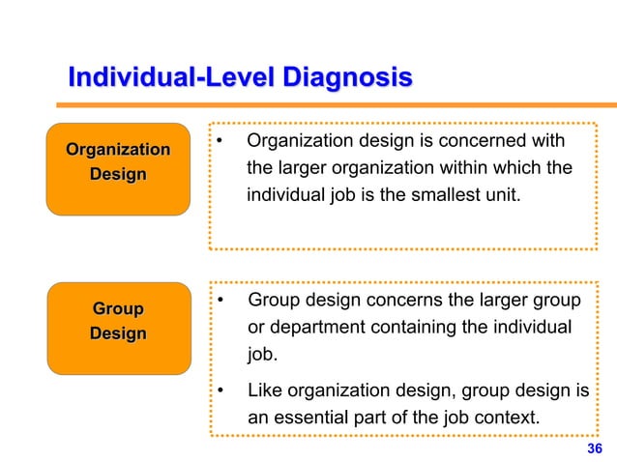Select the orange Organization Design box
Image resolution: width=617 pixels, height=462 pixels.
[118, 168]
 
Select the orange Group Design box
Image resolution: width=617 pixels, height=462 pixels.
[118, 328]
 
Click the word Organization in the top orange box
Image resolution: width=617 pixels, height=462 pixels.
[118, 150]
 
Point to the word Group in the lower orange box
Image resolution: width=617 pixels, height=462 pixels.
[118, 309]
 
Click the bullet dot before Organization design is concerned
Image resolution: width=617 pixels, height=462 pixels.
[220, 143]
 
